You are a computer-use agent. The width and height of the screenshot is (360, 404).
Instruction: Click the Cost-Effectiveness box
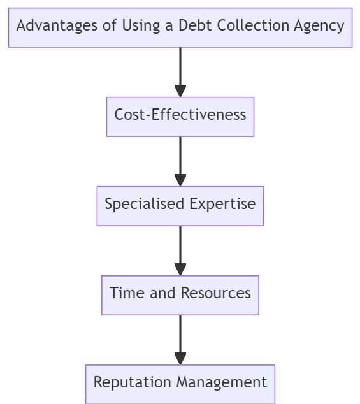click(x=180, y=116)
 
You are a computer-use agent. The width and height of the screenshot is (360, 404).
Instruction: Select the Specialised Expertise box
click(x=180, y=205)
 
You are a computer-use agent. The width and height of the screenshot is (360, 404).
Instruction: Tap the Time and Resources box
click(x=180, y=294)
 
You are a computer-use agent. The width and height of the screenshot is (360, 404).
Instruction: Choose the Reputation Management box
click(x=180, y=383)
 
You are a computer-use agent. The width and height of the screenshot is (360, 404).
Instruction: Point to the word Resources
click(x=216, y=293)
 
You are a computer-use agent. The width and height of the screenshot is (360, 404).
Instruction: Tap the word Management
click(x=222, y=383)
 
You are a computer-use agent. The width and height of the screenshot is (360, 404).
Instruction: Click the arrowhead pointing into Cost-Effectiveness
click(x=180, y=90)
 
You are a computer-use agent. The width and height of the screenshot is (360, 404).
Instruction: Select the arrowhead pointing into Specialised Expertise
click(x=180, y=180)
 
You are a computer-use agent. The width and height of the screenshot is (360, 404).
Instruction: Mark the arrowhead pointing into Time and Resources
click(x=180, y=269)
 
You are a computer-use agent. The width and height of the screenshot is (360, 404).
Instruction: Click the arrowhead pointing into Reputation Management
click(x=180, y=358)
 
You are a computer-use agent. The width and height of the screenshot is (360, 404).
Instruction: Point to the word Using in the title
click(x=140, y=27)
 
